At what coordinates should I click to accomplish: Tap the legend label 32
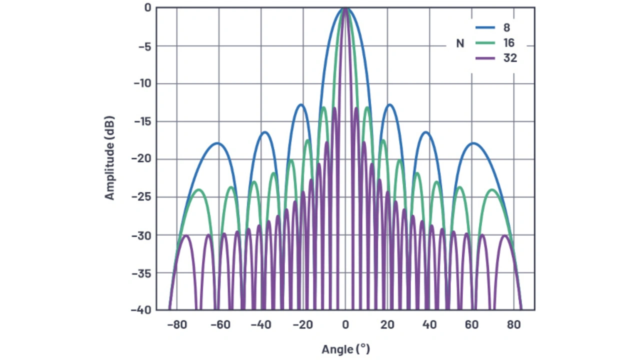click(x=510, y=58)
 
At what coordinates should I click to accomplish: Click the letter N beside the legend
click(x=460, y=43)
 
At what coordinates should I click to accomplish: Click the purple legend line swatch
click(x=485, y=58)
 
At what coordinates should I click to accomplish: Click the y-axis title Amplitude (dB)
click(x=109, y=158)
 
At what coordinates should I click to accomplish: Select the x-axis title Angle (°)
click(x=345, y=348)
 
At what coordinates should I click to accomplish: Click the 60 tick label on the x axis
click(x=471, y=324)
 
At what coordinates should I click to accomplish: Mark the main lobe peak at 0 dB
click(x=345, y=8)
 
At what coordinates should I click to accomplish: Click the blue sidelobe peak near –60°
click(x=218, y=143)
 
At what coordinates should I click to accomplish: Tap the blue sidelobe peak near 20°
click(x=389, y=104)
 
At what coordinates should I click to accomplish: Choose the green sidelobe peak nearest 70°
click(x=492, y=189)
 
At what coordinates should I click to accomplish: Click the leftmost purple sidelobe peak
click(x=185, y=235)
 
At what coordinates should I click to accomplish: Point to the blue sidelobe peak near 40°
click(x=426, y=132)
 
